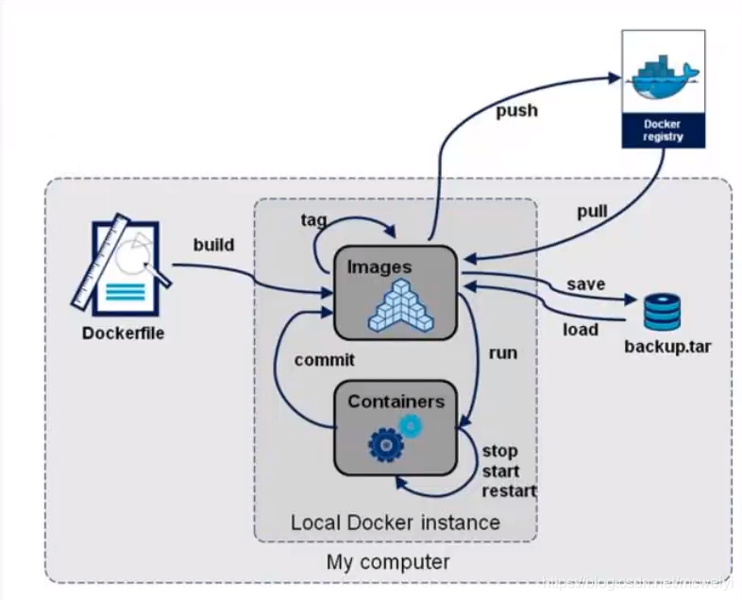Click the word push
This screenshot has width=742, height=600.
click(516, 111)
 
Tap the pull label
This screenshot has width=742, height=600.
click(592, 211)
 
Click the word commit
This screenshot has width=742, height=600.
click(324, 360)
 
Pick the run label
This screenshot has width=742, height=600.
click(502, 352)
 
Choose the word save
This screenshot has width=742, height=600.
click(585, 283)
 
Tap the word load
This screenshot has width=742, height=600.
click(581, 329)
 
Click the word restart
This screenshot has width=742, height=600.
click(509, 490)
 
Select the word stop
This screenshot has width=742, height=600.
click(499, 451)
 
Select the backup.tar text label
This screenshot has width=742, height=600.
click(667, 346)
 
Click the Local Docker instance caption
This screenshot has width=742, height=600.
click(395, 522)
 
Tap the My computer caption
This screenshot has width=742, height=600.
click(388, 562)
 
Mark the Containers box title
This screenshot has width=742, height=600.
click(395, 402)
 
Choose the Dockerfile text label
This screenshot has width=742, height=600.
click(123, 333)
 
